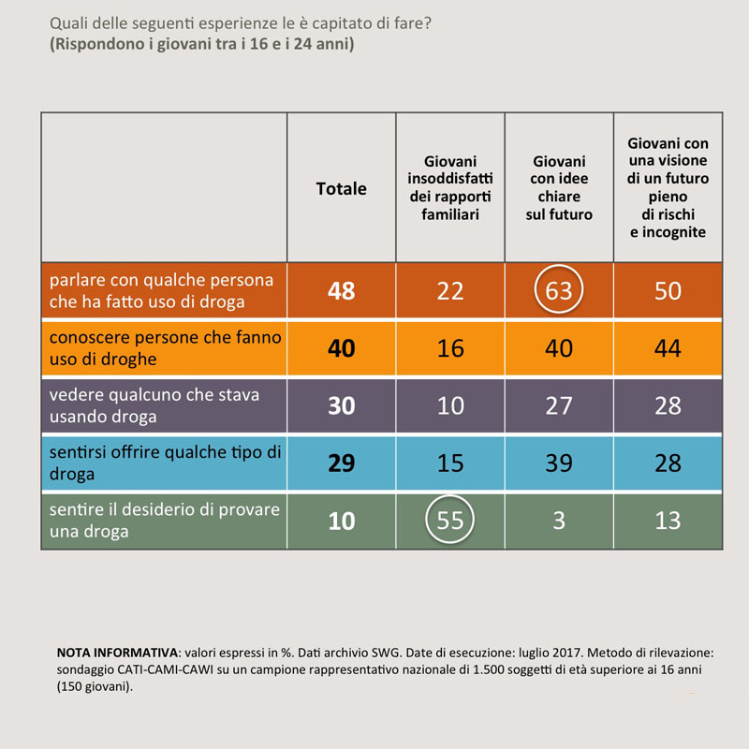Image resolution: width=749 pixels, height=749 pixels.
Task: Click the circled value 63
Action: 559,291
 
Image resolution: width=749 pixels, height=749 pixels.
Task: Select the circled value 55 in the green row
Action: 450,520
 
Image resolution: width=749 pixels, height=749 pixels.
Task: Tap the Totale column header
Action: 342,188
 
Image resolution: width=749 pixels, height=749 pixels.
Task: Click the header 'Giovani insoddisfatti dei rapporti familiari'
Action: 450,188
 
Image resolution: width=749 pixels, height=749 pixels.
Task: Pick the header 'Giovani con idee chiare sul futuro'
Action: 559,188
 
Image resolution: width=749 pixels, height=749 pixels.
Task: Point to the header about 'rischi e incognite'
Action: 668,187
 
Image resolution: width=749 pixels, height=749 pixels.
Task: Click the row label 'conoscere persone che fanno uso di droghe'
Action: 164,348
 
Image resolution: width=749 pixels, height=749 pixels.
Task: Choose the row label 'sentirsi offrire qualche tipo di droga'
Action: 164,463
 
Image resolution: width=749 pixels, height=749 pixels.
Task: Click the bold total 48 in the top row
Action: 342,291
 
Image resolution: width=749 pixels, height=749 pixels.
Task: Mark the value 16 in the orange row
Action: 450,349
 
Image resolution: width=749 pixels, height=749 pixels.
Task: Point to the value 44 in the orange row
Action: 668,349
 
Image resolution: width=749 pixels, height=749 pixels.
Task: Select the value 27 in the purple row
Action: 559,406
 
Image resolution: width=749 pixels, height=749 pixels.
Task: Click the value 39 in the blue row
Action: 559,463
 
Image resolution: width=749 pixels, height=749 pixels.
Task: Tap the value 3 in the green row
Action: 559,521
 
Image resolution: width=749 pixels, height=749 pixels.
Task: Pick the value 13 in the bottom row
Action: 668,521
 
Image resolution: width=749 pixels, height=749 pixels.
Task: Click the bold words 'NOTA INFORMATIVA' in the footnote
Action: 117,652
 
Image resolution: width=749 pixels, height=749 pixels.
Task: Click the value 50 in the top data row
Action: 668,291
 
